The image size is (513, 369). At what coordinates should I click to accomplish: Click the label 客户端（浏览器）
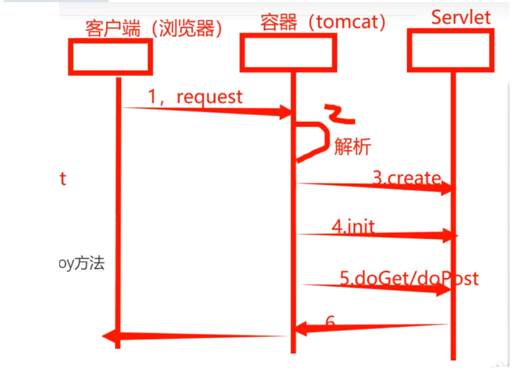click(153, 29)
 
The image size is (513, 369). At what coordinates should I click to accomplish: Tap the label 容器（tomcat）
click(323, 22)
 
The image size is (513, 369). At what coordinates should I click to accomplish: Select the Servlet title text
click(461, 17)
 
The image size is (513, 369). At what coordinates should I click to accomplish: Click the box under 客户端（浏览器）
click(110, 57)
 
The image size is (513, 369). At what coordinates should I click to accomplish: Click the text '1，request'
click(195, 97)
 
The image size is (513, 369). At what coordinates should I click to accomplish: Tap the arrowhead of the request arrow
click(285, 111)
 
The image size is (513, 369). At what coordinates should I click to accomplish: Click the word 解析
click(352, 147)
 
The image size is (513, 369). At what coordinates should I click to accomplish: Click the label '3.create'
click(406, 178)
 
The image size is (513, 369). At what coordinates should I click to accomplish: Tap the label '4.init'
click(353, 226)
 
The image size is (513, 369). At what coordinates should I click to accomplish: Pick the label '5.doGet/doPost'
click(409, 278)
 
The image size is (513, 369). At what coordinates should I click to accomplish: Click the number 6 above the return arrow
click(330, 321)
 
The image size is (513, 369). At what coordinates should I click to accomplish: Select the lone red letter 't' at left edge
click(63, 179)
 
